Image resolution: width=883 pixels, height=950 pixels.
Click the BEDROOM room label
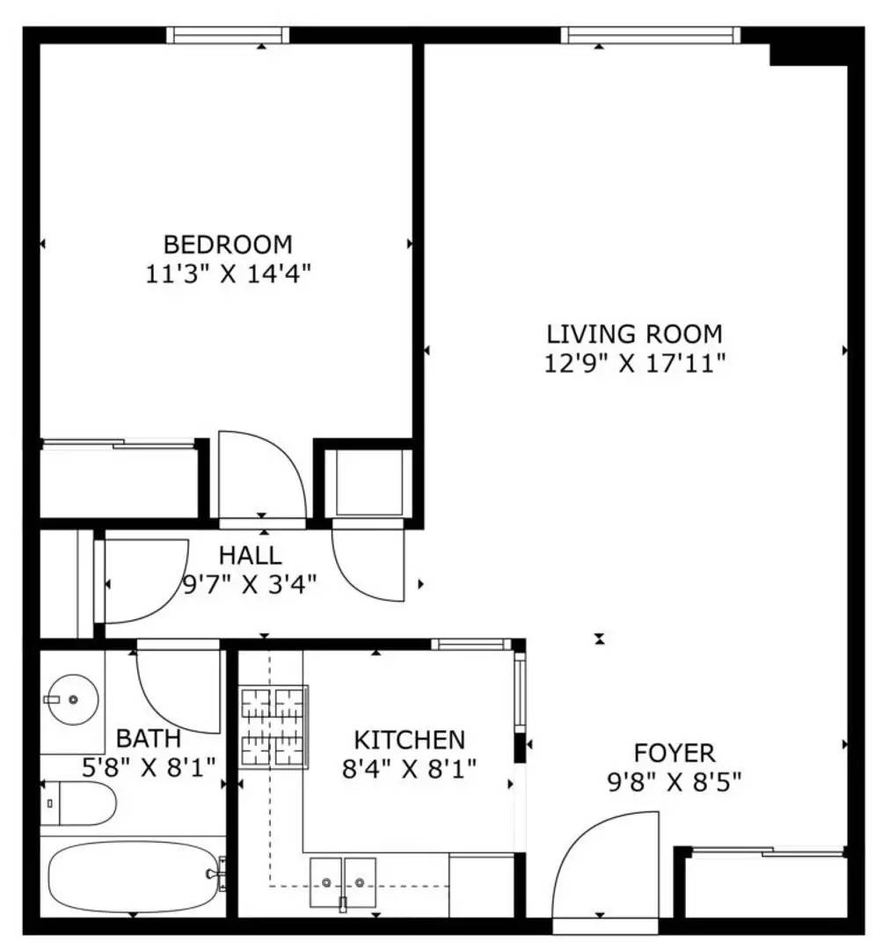click(x=228, y=244)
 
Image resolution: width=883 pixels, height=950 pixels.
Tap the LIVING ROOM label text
click(x=634, y=334)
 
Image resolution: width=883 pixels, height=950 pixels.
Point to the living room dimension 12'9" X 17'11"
click(x=634, y=363)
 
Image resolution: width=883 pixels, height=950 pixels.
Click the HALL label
click(x=250, y=555)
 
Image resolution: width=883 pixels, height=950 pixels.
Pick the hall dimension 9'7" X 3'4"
click(x=249, y=583)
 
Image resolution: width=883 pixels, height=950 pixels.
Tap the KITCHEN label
click(x=409, y=740)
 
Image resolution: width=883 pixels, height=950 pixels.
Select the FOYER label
click(x=675, y=753)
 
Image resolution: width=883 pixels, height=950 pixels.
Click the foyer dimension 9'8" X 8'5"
click(x=675, y=781)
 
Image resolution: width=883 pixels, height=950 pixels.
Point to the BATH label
click(x=149, y=737)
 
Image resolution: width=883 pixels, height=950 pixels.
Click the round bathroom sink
click(x=72, y=699)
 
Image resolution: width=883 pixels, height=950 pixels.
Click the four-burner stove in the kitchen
click(x=274, y=727)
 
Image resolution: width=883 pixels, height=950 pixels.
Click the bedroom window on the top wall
click(x=228, y=35)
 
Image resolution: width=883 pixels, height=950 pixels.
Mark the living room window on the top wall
click(x=651, y=35)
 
